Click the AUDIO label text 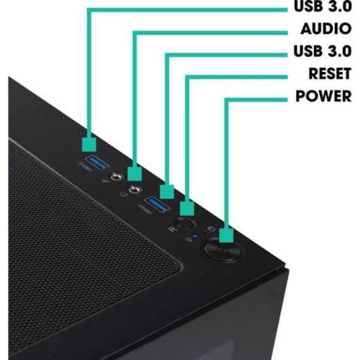click(x=326, y=29)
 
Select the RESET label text click(x=330, y=73)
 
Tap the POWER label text click(x=323, y=96)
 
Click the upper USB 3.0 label click(x=323, y=6)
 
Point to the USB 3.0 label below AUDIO click(x=323, y=51)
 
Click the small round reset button click(x=185, y=224)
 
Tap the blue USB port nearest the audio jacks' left click(x=96, y=163)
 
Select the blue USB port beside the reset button click(x=158, y=204)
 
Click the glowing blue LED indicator click(x=195, y=236)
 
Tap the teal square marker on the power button click(x=226, y=235)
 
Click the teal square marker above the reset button click(x=187, y=209)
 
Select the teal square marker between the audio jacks click(x=134, y=174)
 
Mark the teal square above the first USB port click(x=89, y=145)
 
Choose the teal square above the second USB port click(x=167, y=192)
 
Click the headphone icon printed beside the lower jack click(x=124, y=194)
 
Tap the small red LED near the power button click(x=205, y=232)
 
